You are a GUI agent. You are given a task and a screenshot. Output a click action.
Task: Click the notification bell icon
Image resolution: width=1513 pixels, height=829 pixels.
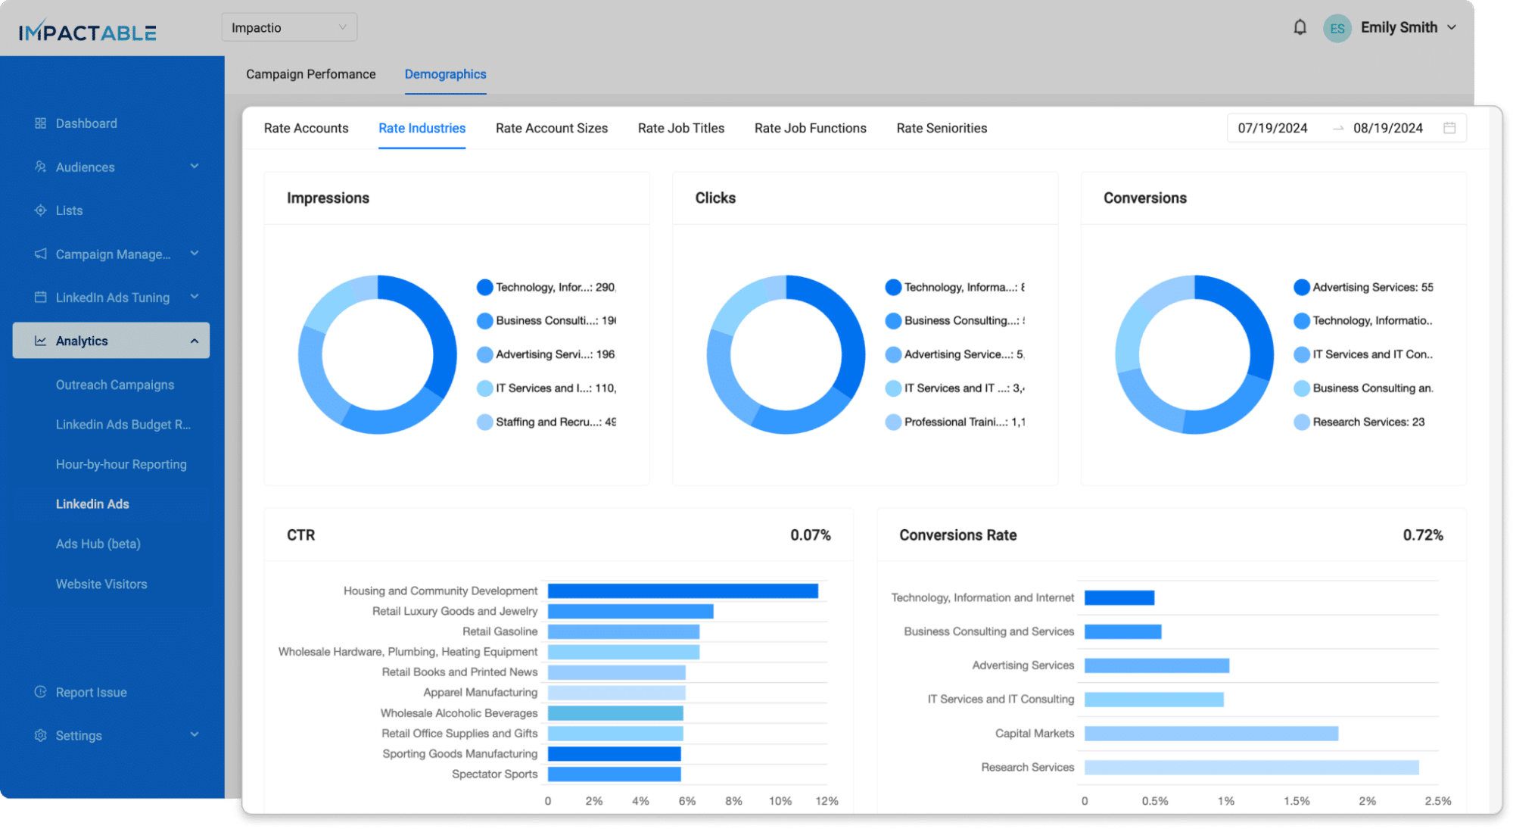tap(1300, 28)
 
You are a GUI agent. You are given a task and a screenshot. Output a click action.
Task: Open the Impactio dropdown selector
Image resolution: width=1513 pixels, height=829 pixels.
tap(289, 28)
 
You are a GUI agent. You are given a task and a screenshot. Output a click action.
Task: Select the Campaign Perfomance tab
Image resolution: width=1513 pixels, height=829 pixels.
tap(310, 74)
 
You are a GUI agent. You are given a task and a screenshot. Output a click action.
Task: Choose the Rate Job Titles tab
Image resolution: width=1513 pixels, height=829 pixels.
tap(680, 129)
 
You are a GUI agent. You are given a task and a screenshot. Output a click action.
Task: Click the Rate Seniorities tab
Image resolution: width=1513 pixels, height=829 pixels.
tap(941, 129)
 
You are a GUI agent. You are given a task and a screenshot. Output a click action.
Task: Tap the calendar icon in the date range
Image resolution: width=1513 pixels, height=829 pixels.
tap(1449, 129)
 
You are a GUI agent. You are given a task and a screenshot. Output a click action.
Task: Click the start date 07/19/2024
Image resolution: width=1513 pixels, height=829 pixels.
tap(1272, 129)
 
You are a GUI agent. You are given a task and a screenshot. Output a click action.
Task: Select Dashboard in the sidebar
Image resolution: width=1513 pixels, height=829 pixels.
tap(86, 123)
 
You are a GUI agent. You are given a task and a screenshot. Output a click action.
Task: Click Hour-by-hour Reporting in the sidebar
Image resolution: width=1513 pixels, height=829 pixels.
tap(121, 465)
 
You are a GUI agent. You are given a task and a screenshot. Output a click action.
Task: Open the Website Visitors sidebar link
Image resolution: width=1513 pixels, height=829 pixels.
tap(101, 584)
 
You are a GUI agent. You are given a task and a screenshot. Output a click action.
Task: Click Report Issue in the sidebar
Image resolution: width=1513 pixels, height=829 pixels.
tap(91, 693)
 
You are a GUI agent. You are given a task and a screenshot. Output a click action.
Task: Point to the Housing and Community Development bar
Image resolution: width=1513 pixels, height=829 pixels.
tap(682, 591)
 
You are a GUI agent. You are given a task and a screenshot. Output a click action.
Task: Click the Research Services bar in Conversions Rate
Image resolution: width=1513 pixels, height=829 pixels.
tap(1250, 768)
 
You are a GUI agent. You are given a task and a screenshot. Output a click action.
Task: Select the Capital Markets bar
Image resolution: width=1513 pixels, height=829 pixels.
tap(1210, 734)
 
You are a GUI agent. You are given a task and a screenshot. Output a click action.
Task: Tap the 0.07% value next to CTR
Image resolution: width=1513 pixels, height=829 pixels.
tap(810, 535)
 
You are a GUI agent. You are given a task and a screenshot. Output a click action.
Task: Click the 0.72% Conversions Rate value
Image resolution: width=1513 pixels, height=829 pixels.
tap(1422, 535)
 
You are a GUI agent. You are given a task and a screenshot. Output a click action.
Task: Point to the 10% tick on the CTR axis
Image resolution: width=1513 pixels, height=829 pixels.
tap(780, 801)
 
